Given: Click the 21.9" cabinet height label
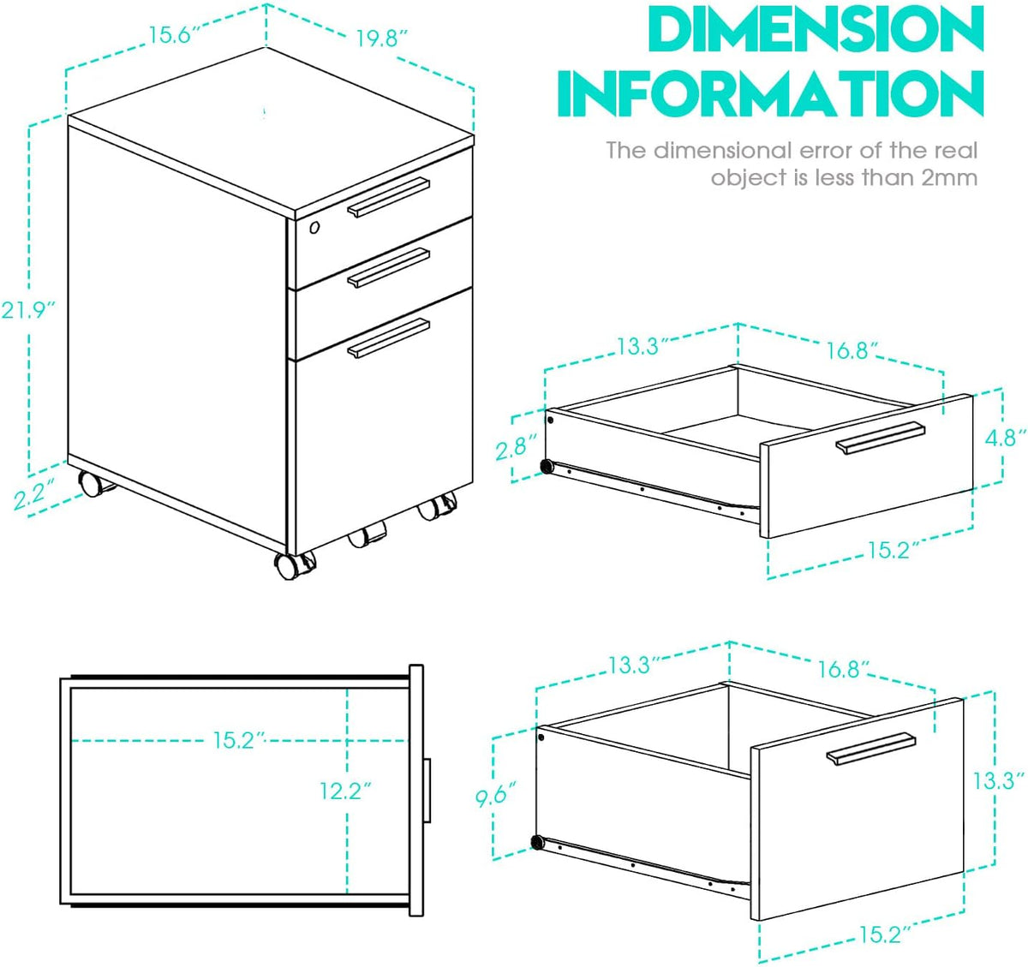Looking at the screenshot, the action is pyautogui.click(x=28, y=311).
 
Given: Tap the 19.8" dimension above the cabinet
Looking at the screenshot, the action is pyautogui.click(x=382, y=39).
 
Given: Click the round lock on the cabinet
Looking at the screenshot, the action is pyautogui.click(x=314, y=227).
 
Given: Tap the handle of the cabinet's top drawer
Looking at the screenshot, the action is pyautogui.click(x=388, y=197).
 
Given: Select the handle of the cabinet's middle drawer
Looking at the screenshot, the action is pyautogui.click(x=388, y=267).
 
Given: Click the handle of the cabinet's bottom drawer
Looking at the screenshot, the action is pyautogui.click(x=388, y=337).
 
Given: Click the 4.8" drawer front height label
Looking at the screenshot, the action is pyautogui.click(x=1005, y=438).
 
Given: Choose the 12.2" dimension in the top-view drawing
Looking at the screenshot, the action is pyautogui.click(x=346, y=791).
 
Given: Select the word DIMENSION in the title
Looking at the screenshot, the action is pyautogui.click(x=816, y=30).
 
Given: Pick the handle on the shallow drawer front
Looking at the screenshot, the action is pyautogui.click(x=881, y=438).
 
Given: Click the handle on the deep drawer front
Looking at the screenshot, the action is pyautogui.click(x=870, y=749).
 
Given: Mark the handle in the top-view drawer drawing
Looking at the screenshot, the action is pyautogui.click(x=427, y=791).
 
